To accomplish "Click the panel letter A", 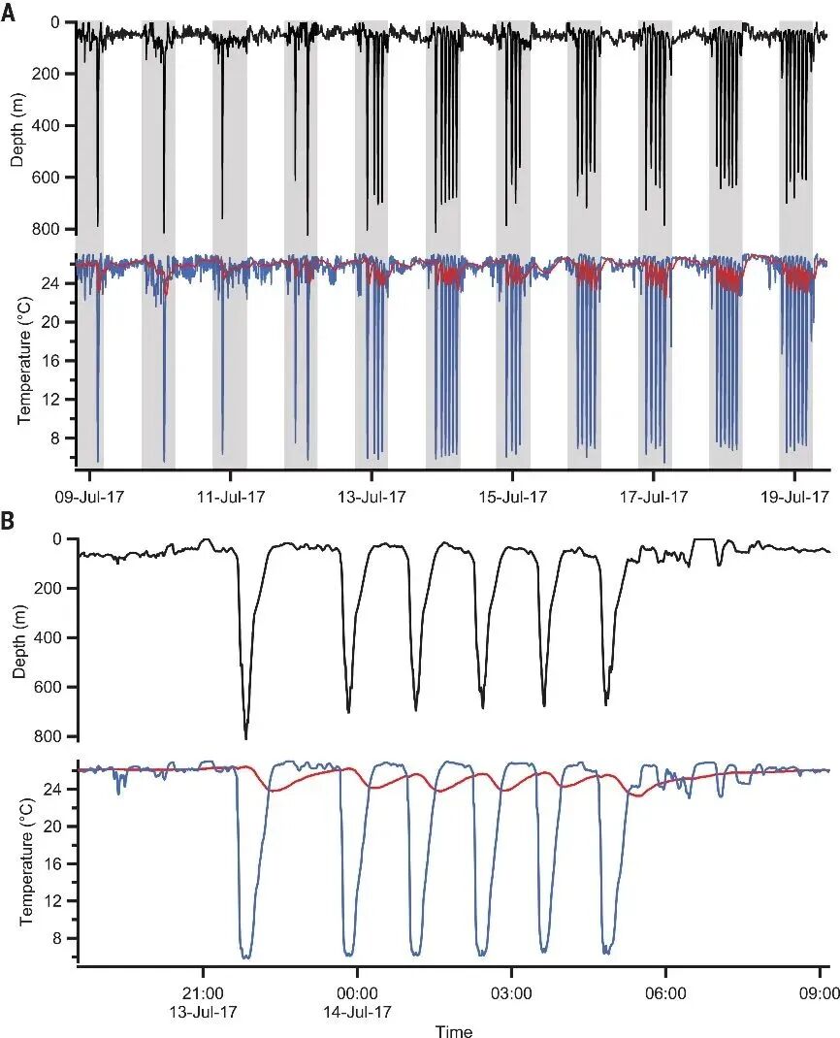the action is pyautogui.click(x=8, y=14).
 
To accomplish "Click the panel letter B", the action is pyautogui.click(x=8, y=521).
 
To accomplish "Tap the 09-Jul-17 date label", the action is pyautogui.click(x=89, y=497).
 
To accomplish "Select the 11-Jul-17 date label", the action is pyautogui.click(x=230, y=497).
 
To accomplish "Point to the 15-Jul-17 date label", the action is pyautogui.click(x=513, y=497).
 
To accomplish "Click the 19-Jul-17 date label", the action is pyautogui.click(x=795, y=497).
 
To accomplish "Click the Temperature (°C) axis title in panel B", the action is pyautogui.click(x=25, y=860).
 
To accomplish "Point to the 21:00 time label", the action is pyautogui.click(x=203, y=993).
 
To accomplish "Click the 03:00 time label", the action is pyautogui.click(x=512, y=993).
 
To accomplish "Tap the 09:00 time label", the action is pyautogui.click(x=821, y=993).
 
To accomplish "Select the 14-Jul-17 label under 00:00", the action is pyautogui.click(x=358, y=1012).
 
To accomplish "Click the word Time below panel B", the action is pyautogui.click(x=454, y=1030).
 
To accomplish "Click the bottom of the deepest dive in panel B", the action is pyautogui.click(x=246, y=738).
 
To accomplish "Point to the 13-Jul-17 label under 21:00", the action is pyautogui.click(x=204, y=1012).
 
